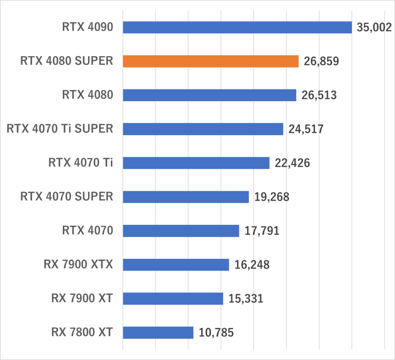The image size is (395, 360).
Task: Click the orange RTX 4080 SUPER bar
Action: pos(211,61)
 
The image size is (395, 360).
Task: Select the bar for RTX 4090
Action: pos(237,27)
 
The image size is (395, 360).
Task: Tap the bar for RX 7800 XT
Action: pos(158,333)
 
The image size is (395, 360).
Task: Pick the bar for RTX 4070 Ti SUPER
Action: pos(203,129)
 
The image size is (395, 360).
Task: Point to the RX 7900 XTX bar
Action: pos(176,265)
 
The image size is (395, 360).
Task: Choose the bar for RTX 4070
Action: pos(181,231)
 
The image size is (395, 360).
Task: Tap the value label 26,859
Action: pos(321,62)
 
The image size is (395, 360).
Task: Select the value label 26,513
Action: pos(319,96)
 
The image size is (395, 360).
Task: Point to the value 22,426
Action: pos(292,164)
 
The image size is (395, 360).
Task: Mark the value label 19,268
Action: pos(271,197)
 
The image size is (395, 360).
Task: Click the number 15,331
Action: pos(245,299)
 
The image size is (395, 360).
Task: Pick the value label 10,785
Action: pos(216,333)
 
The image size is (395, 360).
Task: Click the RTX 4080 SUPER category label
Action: pos(66,61)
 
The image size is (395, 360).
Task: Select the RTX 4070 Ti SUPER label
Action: pos(60,129)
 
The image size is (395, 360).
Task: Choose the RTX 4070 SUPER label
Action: pos(66,196)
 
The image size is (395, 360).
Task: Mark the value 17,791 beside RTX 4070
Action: pos(262,231)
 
